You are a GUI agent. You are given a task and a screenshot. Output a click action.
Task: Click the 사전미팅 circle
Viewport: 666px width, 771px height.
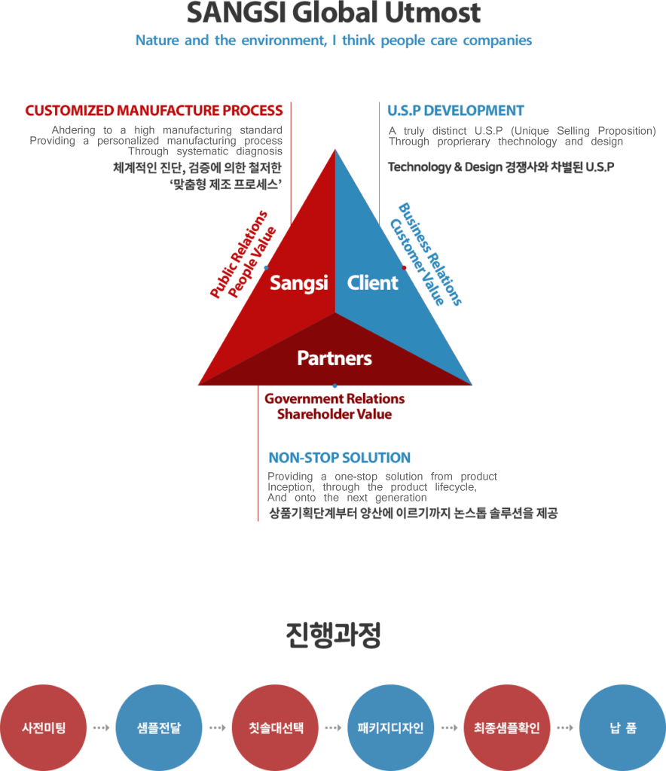44,728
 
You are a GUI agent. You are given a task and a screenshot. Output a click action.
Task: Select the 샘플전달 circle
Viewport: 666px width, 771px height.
159,728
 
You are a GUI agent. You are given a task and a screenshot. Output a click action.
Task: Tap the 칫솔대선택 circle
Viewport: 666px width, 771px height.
275,728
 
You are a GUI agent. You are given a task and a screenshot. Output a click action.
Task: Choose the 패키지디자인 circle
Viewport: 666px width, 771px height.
390,728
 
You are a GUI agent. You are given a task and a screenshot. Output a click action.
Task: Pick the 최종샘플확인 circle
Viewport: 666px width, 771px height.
506,728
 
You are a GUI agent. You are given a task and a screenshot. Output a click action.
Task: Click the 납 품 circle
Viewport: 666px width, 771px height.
622,728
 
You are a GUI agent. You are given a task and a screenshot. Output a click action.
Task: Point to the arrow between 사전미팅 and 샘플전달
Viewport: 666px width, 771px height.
101,728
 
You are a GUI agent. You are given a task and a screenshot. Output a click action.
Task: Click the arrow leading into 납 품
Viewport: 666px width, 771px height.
564,728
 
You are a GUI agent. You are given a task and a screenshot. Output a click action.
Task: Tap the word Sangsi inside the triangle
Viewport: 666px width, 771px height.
299,283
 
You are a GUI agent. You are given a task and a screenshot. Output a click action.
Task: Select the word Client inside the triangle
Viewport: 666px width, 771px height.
372,283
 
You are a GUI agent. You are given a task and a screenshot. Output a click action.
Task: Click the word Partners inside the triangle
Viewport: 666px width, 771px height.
335,358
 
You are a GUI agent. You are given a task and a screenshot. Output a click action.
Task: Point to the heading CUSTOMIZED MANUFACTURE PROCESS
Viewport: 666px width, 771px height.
154,111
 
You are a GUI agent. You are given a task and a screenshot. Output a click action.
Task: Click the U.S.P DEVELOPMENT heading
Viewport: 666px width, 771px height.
455,111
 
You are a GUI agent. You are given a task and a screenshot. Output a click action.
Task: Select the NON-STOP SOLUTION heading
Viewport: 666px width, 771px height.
339,458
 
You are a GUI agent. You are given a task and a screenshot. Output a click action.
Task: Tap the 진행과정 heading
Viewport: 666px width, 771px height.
334,635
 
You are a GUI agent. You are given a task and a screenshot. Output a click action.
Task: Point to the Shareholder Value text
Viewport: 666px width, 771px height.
335,414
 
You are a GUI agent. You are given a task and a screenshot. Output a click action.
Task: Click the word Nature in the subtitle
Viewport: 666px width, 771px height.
157,41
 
